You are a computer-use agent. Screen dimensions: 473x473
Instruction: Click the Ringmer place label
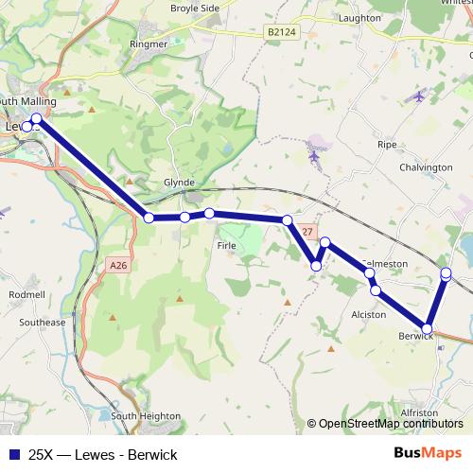click(x=149, y=44)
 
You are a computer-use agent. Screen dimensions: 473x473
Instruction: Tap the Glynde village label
click(x=179, y=183)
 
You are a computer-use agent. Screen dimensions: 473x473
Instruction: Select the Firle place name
click(x=226, y=246)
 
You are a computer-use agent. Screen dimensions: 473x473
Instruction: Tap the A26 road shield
click(x=118, y=267)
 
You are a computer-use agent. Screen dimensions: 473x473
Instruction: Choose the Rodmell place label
click(x=26, y=295)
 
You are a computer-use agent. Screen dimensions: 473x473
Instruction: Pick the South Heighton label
click(x=146, y=416)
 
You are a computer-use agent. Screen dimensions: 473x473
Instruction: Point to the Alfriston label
click(x=418, y=413)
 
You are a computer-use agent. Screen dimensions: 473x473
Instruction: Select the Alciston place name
click(x=369, y=314)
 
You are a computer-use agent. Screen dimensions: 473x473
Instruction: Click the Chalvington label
click(x=427, y=167)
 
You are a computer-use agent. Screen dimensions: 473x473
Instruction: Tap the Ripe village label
click(x=387, y=145)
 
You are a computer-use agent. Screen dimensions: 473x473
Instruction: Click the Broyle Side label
click(x=195, y=8)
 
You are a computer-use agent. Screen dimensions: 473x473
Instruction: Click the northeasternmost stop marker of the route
click(x=447, y=274)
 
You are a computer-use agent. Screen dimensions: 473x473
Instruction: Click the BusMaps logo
click(x=427, y=452)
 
